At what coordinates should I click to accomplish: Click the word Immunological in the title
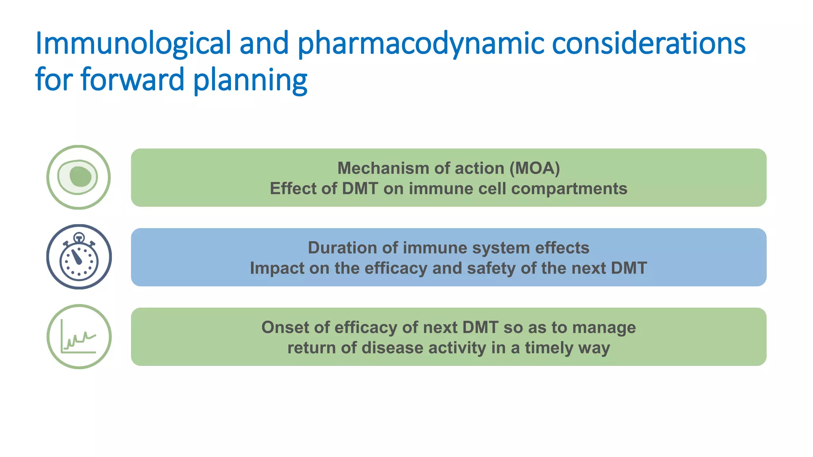133,44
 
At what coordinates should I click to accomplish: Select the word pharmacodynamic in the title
421,44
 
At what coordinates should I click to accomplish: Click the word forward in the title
133,79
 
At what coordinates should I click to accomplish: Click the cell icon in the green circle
79,177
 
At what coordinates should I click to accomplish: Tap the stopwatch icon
79,257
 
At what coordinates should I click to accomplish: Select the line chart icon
79,337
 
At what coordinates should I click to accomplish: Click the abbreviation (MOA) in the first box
535,168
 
